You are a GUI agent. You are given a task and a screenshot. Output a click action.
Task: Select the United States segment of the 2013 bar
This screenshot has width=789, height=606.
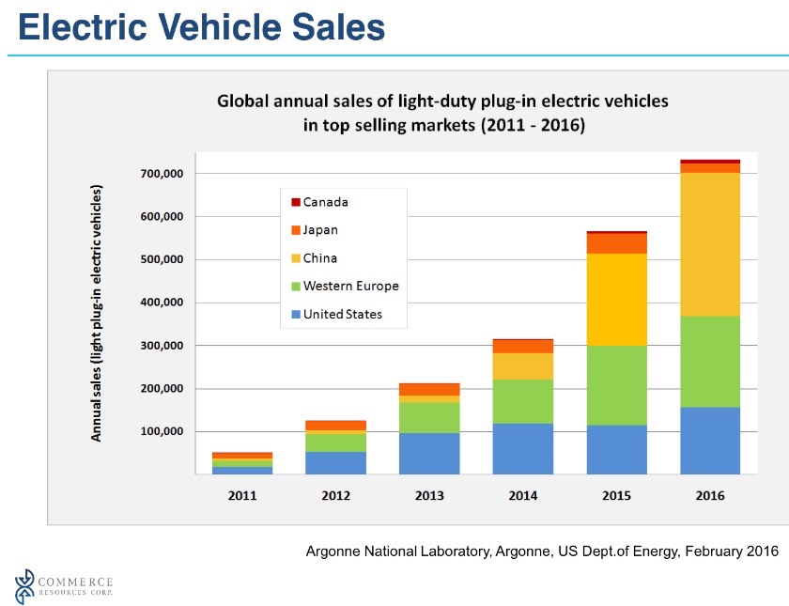[x=429, y=453]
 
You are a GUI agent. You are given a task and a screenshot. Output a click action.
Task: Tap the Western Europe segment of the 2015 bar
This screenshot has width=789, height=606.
[x=616, y=385]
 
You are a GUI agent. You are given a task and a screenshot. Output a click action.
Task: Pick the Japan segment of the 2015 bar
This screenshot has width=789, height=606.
[x=616, y=242]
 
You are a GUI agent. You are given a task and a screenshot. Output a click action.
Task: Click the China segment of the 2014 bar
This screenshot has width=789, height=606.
[x=522, y=365]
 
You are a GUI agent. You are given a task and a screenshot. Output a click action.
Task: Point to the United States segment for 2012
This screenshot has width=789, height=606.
[x=335, y=462]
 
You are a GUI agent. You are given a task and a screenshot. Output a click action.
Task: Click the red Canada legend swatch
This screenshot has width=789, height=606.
[x=295, y=202]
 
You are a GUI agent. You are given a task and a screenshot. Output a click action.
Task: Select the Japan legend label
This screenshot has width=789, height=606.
[x=320, y=230]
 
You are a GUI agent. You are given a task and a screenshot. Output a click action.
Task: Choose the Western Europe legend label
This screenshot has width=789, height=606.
[x=350, y=286]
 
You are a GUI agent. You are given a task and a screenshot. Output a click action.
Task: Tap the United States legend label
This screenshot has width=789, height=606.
[x=342, y=314]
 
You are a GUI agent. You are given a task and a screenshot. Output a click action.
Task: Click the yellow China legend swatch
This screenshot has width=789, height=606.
[x=295, y=258]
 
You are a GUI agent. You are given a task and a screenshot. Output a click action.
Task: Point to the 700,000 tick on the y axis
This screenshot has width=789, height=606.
[x=162, y=174]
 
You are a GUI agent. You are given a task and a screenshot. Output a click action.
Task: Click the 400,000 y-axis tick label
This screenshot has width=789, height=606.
[x=162, y=303]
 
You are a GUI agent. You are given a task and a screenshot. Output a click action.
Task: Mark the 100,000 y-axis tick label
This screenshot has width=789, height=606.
[x=162, y=431]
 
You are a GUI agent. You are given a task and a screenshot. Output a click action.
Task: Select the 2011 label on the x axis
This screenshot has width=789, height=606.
[x=242, y=495]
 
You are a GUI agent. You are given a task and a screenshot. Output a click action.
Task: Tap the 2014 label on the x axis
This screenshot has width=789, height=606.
[x=522, y=495]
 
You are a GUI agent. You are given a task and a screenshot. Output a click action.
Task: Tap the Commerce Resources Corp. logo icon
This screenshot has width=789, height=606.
[x=25, y=587]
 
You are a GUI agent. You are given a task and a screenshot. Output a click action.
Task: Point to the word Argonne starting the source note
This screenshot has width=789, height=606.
[x=333, y=552]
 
